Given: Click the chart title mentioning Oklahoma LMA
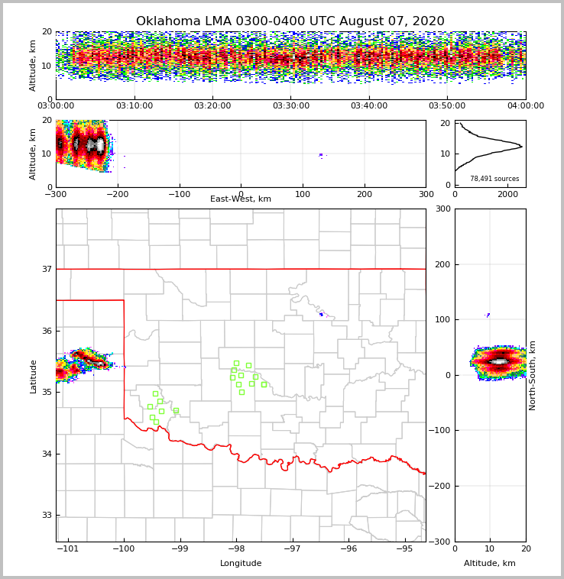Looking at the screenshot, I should coord(290,21).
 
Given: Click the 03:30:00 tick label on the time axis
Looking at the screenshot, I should coord(291,106).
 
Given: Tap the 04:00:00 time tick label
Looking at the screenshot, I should coord(526,106).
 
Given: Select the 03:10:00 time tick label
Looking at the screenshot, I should coord(134,106).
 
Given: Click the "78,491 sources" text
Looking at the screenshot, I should coord(494,179).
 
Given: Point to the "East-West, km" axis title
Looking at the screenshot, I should coord(241,199).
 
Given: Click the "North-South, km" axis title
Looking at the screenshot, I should coord(533,375).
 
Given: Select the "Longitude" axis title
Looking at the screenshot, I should coord(241,564).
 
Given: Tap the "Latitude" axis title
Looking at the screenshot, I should coord(33,376).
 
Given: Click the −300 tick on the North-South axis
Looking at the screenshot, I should coord(439,542).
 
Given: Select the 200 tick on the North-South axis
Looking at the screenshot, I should coord(442,264).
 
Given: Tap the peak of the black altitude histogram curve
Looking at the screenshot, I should coord(521,145).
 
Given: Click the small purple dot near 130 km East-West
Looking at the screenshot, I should coord(321,155).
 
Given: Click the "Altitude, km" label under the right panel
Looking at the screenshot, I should coord(490,564).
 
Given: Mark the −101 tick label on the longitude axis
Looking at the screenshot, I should coord(68,549).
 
